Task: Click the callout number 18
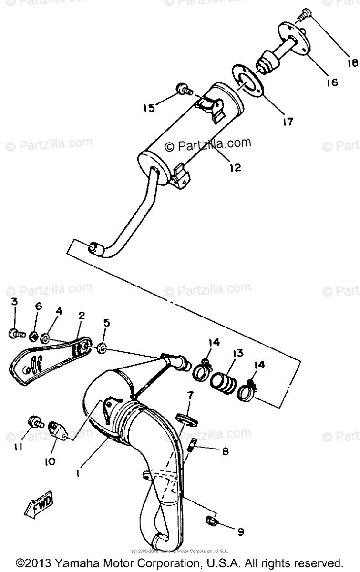[352, 62]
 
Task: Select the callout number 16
[332, 82]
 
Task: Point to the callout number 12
[235, 167]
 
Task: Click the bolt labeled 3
[16, 334]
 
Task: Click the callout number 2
[82, 316]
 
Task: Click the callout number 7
[190, 395]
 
